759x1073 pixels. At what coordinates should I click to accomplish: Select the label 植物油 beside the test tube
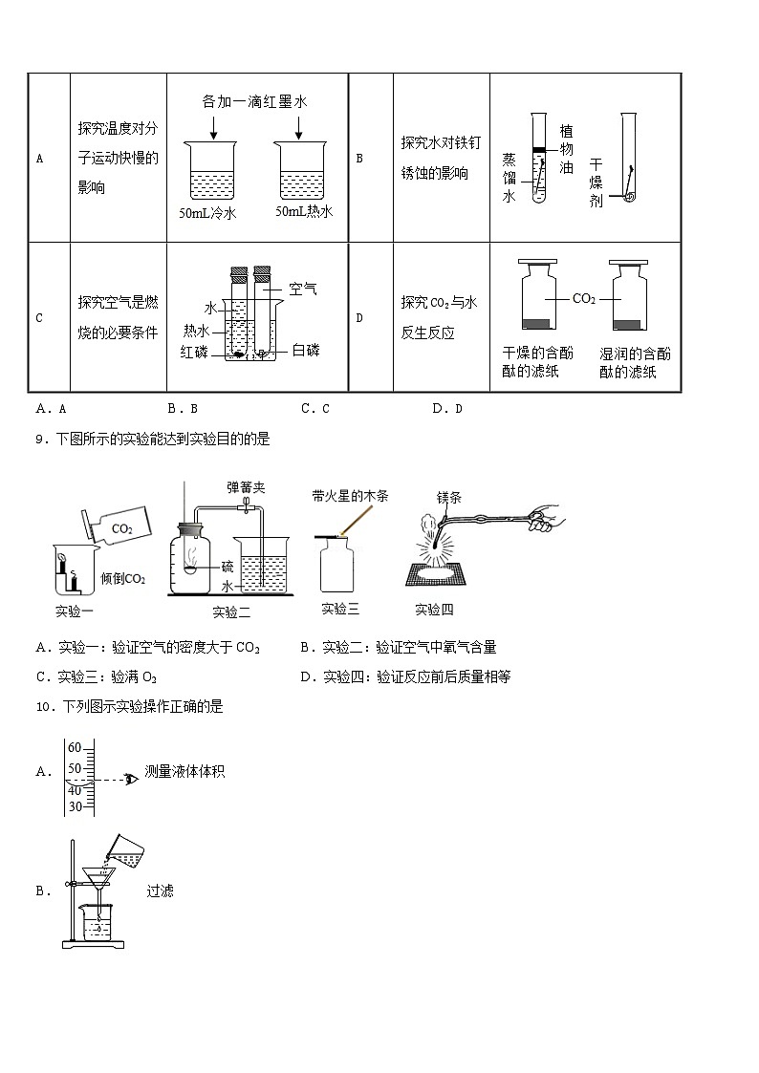[566, 149]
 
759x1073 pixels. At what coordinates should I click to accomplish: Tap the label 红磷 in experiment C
[194, 351]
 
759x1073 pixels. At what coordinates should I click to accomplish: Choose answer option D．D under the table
[446, 409]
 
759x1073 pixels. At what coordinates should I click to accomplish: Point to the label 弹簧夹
[246, 487]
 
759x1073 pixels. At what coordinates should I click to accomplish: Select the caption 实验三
[340, 609]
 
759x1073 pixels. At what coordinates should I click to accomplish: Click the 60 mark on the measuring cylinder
[75, 748]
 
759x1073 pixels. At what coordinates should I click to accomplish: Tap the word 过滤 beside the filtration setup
[160, 891]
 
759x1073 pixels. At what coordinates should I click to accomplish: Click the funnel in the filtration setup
[96, 876]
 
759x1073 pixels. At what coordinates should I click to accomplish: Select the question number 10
[42, 707]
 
